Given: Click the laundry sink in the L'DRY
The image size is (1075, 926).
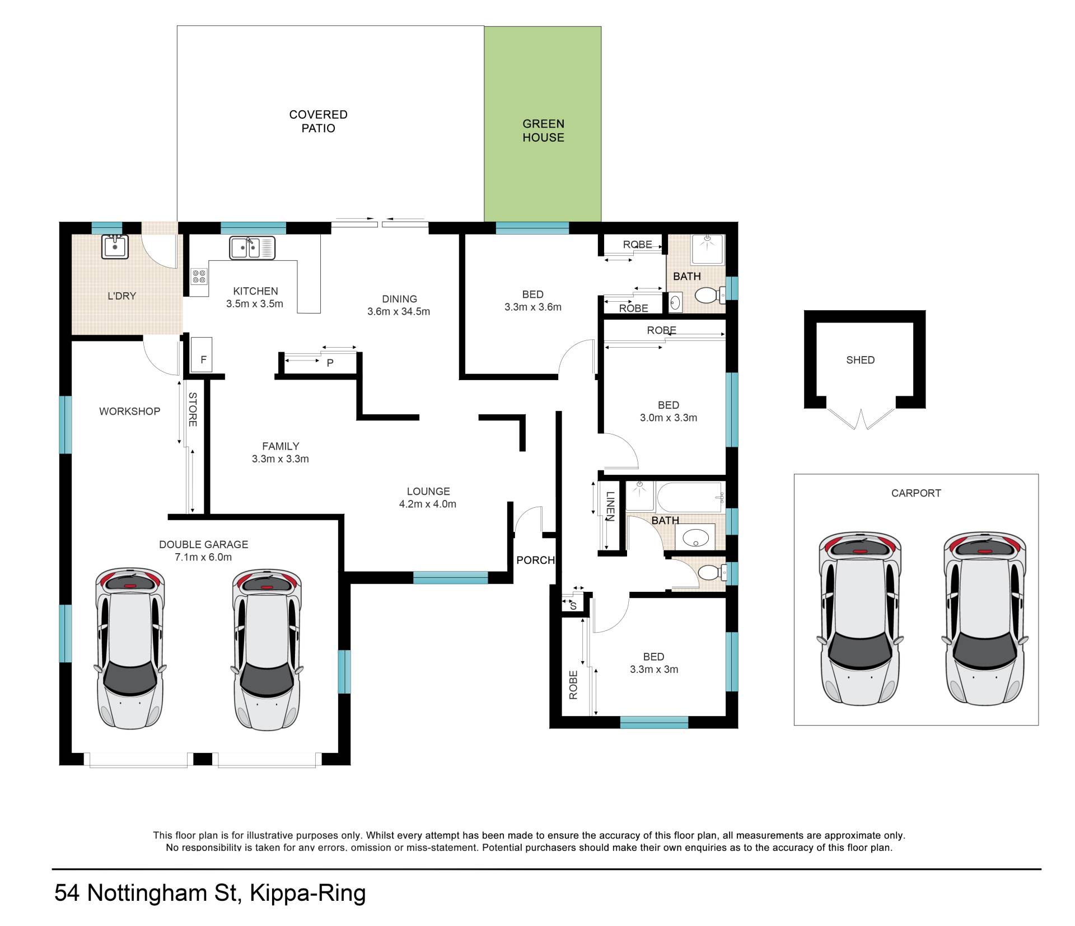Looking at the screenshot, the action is (x=115, y=246).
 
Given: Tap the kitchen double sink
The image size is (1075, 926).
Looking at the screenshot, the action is (x=252, y=248).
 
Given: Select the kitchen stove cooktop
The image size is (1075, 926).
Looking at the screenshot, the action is (x=199, y=276).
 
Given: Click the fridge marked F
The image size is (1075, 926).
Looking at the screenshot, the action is (x=202, y=354).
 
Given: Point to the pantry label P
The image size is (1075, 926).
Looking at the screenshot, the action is (x=330, y=363).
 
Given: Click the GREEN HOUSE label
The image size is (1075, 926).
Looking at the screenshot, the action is (x=543, y=130).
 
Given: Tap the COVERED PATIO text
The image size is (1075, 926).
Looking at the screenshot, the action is (x=318, y=121).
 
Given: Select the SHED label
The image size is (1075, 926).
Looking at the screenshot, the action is (x=860, y=360).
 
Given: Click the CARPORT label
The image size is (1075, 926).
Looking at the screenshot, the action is (x=916, y=493).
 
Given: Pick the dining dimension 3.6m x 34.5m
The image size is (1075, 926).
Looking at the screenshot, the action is (x=399, y=311).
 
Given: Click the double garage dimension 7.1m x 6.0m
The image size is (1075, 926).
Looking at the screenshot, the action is (x=203, y=557).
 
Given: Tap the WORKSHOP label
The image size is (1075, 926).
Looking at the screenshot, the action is (x=130, y=411).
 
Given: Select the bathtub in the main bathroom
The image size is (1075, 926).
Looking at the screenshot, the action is (x=690, y=497).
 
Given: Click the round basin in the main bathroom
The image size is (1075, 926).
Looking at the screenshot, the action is (x=696, y=538).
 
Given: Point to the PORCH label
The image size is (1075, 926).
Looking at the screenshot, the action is (x=535, y=560).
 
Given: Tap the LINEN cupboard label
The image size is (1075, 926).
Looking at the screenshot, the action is (x=610, y=506).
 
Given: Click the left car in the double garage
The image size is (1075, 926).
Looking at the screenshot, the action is (x=130, y=649).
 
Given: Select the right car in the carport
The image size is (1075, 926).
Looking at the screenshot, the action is (x=985, y=618).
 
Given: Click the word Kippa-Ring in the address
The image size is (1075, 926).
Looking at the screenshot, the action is (x=307, y=893).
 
